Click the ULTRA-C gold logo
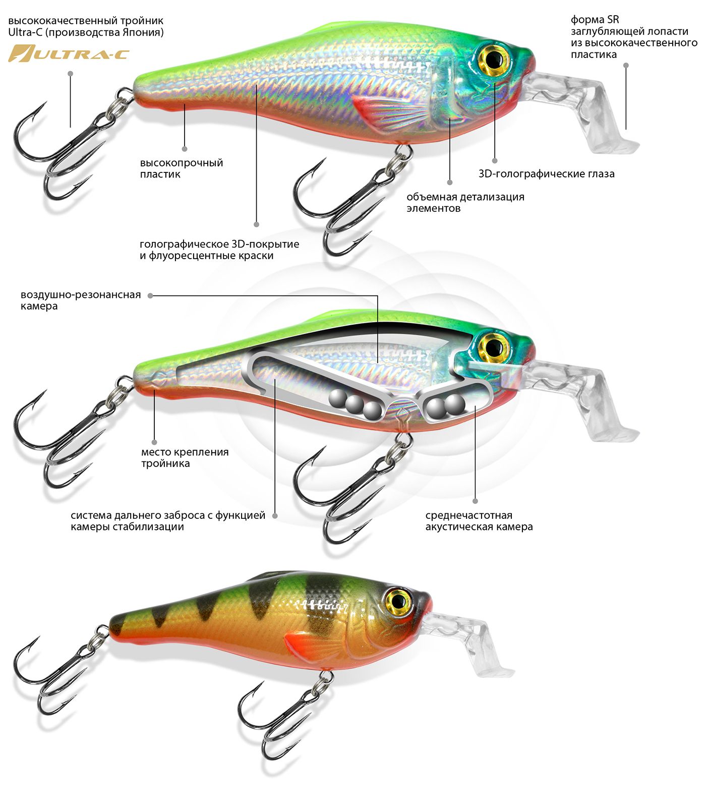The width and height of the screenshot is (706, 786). coord(69,53)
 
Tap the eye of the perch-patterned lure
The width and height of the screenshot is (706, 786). coord(398,600)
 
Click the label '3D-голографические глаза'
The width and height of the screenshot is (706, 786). coord(546,174)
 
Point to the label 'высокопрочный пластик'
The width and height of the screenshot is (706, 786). coord(181,168)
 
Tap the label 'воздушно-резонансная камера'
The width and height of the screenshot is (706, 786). coord(80,300)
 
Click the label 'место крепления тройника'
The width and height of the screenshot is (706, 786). coord(185,458)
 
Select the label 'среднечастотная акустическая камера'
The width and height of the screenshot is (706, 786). coord(479,521)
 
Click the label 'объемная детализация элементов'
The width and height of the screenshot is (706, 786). coord(465,202)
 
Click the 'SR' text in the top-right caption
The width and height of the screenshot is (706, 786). coord(613,20)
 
